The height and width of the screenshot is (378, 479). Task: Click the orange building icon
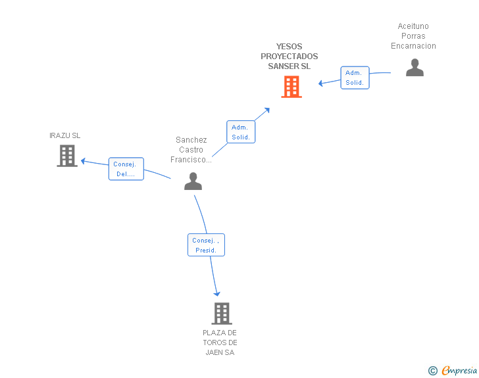tap(291, 87)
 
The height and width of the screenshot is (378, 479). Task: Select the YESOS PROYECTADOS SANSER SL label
tap(289, 56)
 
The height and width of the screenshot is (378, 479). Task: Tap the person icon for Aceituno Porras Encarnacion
tap(415, 67)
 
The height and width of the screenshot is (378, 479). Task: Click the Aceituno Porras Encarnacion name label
tap(413, 36)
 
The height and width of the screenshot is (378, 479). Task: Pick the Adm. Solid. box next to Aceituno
tap(355, 78)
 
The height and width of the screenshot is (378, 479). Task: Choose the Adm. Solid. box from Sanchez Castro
tap(241, 132)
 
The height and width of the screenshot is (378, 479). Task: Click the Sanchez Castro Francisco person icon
tap(193, 181)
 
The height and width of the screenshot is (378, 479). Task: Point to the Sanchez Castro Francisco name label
tap(191, 150)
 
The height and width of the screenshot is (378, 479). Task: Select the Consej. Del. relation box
tap(126, 169)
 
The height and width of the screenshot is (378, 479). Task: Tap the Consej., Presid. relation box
tap(206, 245)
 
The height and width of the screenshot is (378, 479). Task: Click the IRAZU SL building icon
tap(67, 156)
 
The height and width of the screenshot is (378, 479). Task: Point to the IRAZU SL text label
tap(64, 135)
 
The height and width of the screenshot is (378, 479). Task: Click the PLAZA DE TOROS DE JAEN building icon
tap(222, 314)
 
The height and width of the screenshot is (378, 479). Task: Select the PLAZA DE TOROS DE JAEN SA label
tap(220, 343)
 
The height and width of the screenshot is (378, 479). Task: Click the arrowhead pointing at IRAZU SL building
tap(83, 161)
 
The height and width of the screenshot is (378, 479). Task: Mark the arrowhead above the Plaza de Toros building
tap(217, 294)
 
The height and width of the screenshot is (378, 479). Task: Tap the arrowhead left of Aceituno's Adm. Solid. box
tap(321, 83)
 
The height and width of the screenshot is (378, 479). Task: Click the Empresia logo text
tap(459, 370)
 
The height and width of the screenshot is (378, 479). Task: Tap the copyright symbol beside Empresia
tap(433, 371)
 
